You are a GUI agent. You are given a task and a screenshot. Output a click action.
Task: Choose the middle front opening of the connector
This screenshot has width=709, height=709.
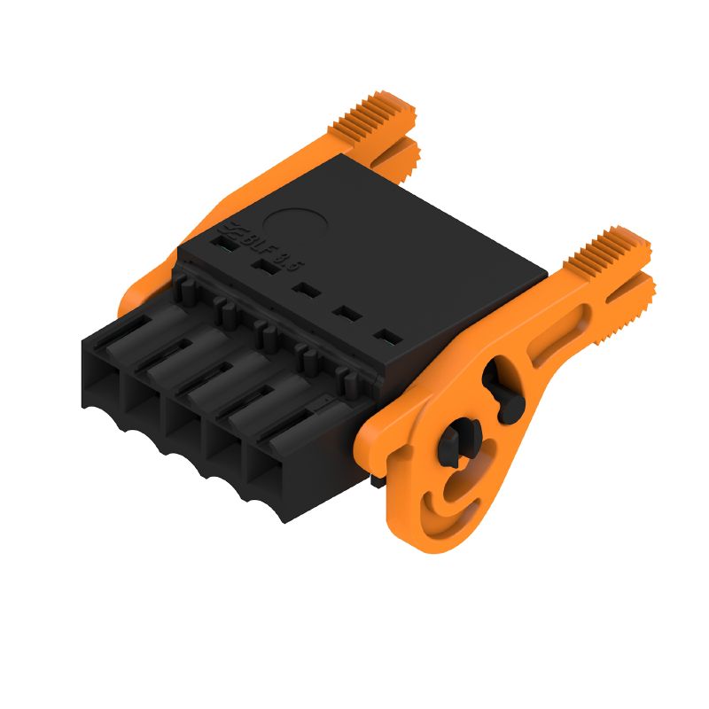point(186,421)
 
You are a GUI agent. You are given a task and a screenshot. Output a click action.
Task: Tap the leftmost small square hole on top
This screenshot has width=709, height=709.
point(222,239)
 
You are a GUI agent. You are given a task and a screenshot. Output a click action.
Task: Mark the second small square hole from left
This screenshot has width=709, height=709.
point(262,264)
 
